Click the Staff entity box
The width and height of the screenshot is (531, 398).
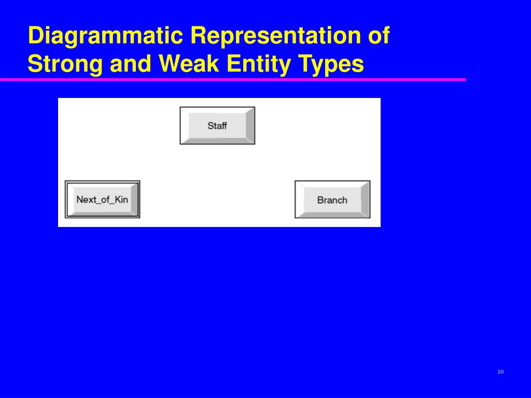click(217, 125)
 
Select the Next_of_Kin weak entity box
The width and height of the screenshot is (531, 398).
click(102, 200)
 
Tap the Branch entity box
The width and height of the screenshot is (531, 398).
click(332, 200)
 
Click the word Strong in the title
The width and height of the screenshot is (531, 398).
click(65, 64)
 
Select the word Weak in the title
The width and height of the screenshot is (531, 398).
click(189, 63)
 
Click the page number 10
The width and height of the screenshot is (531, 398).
click(500, 372)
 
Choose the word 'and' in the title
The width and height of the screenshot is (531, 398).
click(131, 63)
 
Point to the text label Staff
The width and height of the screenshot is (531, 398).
click(217, 125)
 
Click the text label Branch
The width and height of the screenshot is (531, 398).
click(332, 200)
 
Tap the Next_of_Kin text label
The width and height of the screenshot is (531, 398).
click(102, 200)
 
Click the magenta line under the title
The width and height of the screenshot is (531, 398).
click(233, 79)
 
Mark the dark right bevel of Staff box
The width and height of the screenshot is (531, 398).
click(250, 125)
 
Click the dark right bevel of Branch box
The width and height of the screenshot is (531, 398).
click(366, 200)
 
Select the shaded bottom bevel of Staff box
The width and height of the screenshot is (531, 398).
click(217, 140)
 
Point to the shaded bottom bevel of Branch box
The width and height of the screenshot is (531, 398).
click(332, 214)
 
